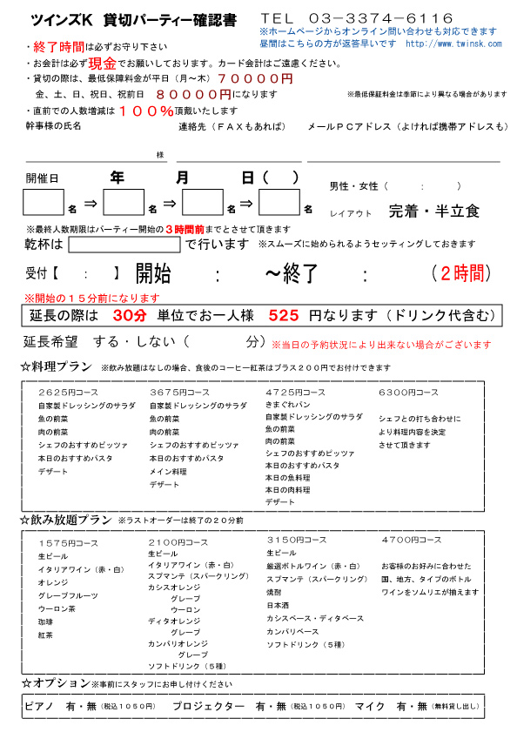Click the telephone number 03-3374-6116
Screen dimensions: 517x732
pyautogui.click(x=381, y=18)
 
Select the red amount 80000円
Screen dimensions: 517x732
pyautogui.click(x=195, y=94)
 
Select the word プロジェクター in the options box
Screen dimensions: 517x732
pyautogui.click(x=208, y=707)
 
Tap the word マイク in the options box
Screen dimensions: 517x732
pyautogui.click(x=369, y=707)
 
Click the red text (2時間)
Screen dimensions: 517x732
pyautogui.click(x=458, y=273)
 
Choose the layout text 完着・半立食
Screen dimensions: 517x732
pyautogui.click(x=433, y=211)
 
